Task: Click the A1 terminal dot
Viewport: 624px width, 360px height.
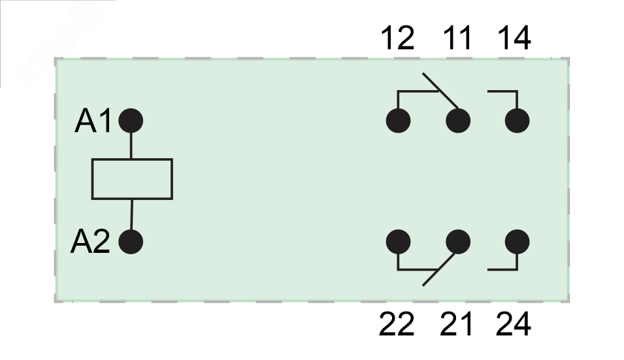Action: [131, 121]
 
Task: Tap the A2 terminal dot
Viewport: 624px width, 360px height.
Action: [131, 242]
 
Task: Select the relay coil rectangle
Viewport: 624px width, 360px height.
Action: [131, 178]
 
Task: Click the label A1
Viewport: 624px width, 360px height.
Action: [94, 122]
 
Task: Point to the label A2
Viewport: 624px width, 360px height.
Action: [90, 242]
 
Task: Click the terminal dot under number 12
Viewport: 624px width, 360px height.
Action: [398, 121]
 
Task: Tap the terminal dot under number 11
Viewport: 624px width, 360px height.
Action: [458, 121]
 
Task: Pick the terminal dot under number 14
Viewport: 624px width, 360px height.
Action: [517, 121]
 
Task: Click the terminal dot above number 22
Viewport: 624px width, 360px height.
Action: [398, 242]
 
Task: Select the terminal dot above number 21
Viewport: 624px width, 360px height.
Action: [458, 242]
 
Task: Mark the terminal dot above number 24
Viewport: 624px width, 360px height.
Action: [517, 242]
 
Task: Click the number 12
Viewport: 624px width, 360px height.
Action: [397, 39]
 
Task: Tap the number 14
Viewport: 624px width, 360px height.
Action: [514, 39]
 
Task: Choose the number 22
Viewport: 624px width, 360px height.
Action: [397, 324]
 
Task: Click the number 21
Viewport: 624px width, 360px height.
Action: [456, 324]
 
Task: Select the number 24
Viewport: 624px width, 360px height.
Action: [514, 324]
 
